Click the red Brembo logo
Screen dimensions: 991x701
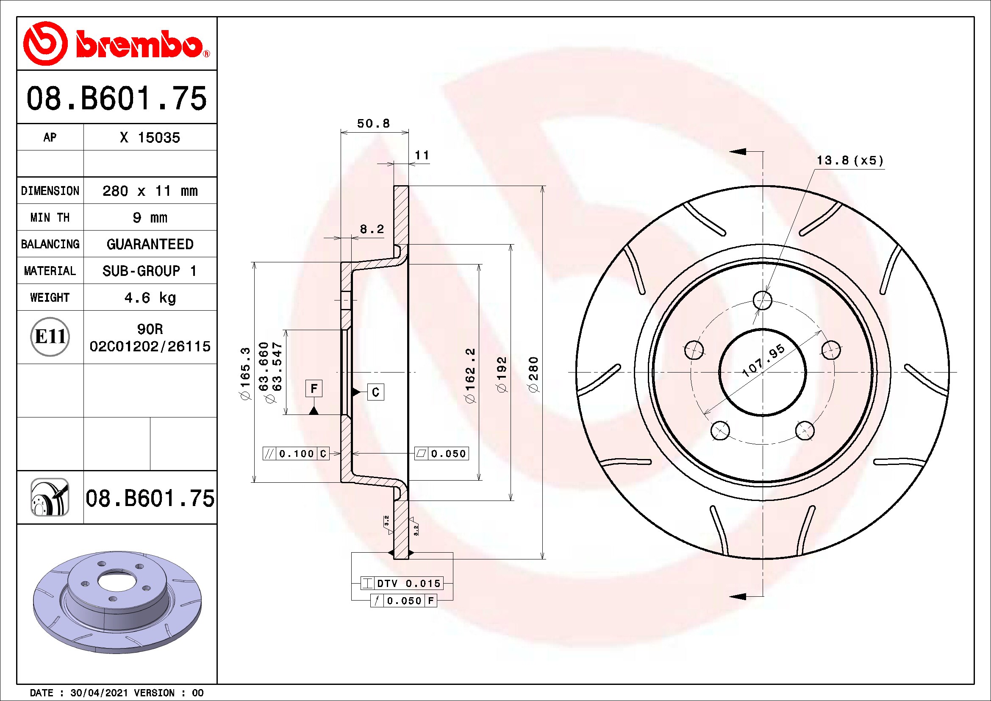tap(117, 44)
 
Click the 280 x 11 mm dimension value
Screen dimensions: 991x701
tap(150, 191)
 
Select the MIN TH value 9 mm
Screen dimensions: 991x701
tap(150, 217)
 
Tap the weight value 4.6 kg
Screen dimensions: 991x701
tap(150, 298)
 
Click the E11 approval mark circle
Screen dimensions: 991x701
tap(50, 337)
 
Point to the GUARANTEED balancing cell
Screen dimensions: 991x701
tap(150, 244)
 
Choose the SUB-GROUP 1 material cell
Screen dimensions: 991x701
tap(150, 271)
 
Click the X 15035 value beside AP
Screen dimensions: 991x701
tap(150, 138)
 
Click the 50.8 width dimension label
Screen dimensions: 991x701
tap(373, 123)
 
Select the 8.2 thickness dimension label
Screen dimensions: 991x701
tap(372, 229)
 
